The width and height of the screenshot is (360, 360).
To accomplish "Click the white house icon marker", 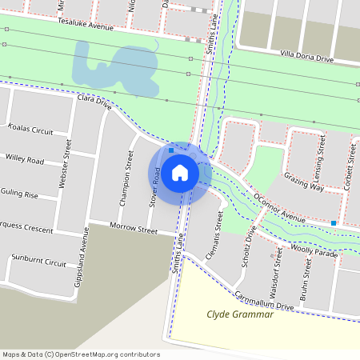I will (x=179, y=172).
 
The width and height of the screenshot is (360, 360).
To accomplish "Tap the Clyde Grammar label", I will (x=240, y=314).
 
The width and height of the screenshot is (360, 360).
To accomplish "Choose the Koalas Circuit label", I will (x=30, y=130).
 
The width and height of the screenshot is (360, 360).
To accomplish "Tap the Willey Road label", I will (x=24, y=159).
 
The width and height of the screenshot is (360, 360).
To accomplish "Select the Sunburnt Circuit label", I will (x=38, y=262).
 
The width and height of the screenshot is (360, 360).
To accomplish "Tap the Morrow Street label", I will (x=134, y=230).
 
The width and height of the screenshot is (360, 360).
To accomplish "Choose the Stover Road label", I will (x=154, y=188).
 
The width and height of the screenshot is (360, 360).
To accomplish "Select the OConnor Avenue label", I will (x=278, y=206).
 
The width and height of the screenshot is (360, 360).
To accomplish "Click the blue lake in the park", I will (x=112, y=68).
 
